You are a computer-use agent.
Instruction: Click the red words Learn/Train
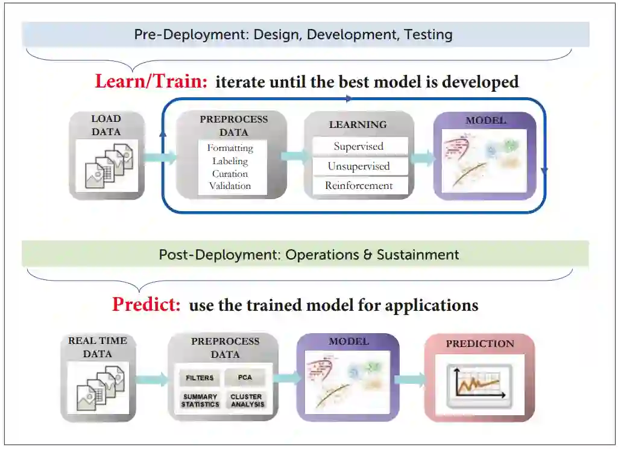coord(151,81)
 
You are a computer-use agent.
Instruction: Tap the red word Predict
coord(146,304)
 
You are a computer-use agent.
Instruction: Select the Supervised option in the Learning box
coord(359,147)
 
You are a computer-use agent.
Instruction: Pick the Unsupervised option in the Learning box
coord(359,167)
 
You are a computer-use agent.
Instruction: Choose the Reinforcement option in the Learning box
coord(359,186)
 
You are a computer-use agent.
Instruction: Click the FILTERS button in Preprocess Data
coord(200,378)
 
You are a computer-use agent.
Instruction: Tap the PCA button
coord(245,378)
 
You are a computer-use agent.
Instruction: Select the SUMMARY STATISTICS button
coord(200,401)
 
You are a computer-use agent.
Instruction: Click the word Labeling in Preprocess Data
coord(230,161)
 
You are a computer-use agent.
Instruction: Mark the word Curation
coord(230,174)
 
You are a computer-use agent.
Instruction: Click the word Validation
coord(230,186)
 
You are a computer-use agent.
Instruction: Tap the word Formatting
coord(230,148)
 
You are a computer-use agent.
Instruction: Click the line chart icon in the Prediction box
coord(479,384)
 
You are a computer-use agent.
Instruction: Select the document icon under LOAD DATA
coord(107,165)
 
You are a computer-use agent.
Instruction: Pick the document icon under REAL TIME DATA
coord(99,387)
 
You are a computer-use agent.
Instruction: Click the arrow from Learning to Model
coord(423,159)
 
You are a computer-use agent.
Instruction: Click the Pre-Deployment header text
coord(293,34)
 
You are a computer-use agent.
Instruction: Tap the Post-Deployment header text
coord(309,255)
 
